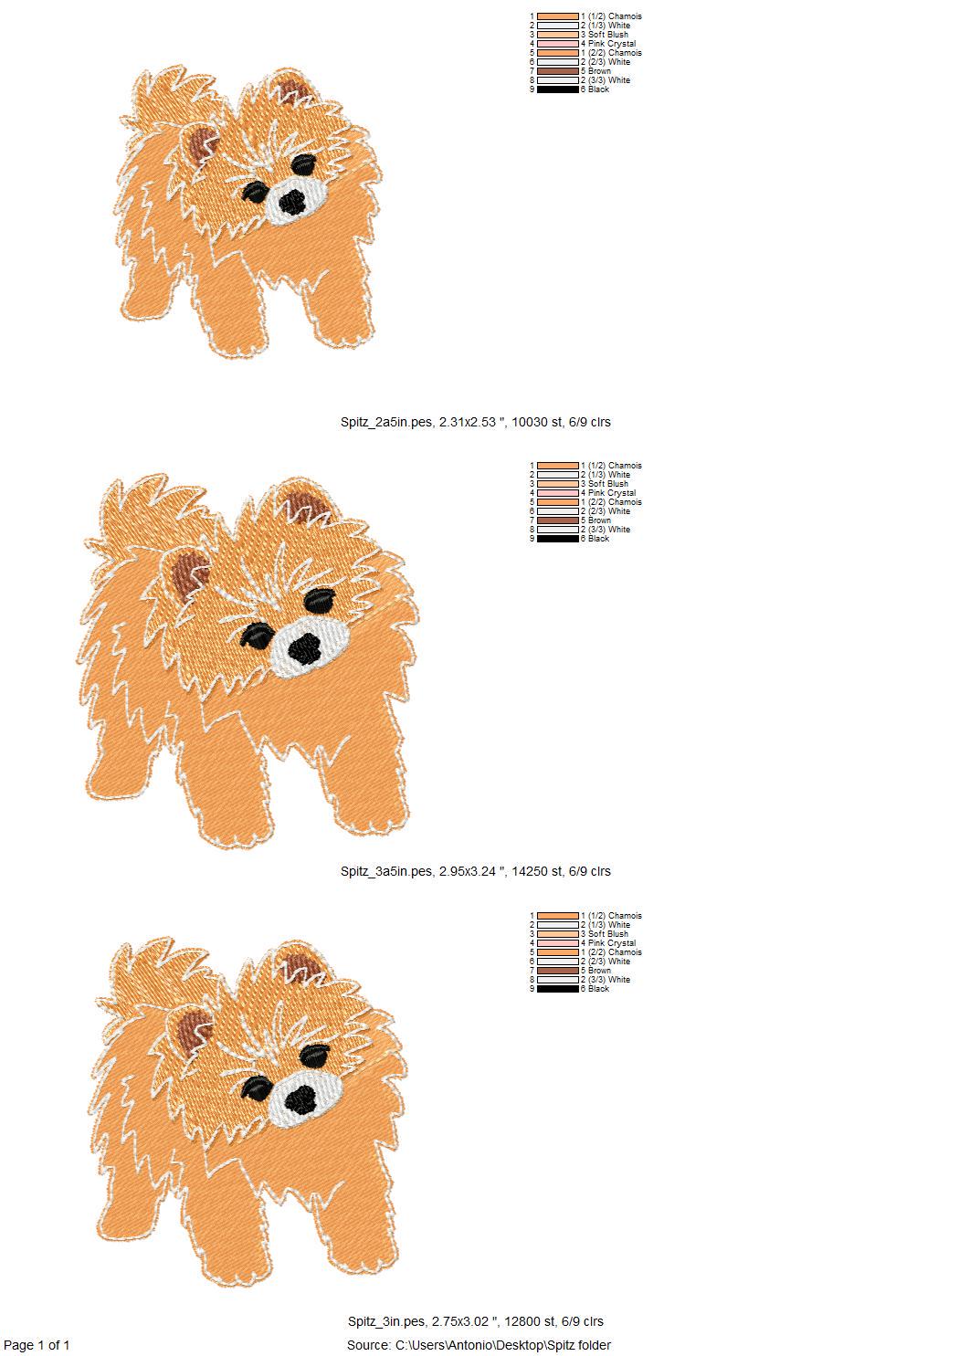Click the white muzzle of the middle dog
coord(310,647)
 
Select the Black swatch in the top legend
coord(558,89)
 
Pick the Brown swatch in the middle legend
coord(558,520)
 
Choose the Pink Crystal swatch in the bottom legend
coord(558,943)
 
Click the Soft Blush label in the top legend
coord(608,35)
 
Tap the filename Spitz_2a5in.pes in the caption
coord(386,422)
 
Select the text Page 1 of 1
coord(37,1345)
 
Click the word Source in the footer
coord(368,1345)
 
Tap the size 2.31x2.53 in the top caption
coord(468,422)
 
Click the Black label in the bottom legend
coord(598,989)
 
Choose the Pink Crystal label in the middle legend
coord(612,493)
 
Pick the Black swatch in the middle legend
coord(558,539)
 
